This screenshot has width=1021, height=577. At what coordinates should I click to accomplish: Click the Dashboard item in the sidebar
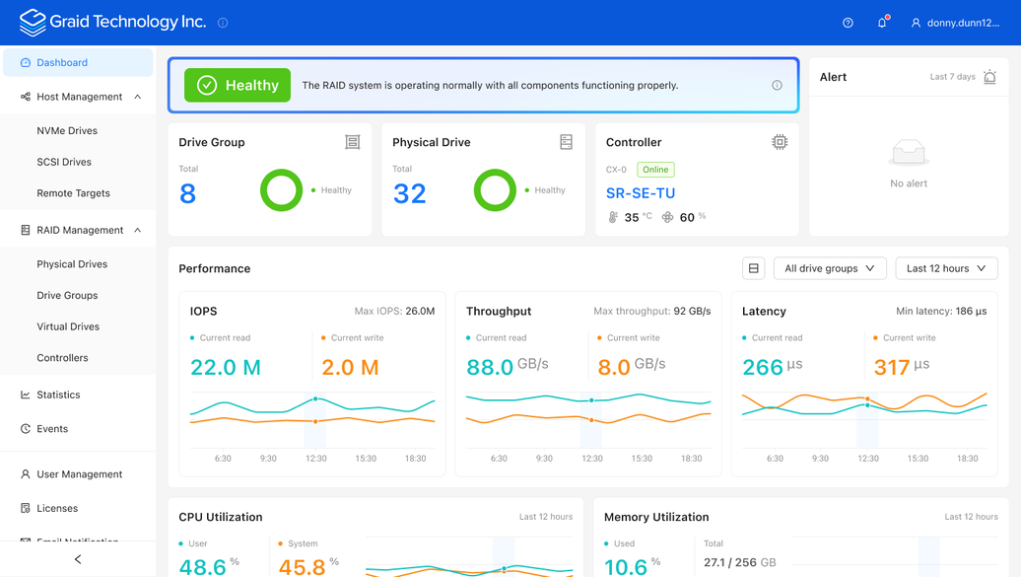tap(78, 62)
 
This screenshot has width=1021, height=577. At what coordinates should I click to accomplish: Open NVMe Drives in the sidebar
tap(67, 130)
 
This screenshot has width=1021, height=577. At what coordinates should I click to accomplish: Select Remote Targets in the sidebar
tap(73, 193)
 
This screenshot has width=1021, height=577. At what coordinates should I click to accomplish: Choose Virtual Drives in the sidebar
tap(68, 326)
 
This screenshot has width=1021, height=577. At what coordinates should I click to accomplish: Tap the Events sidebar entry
tap(52, 429)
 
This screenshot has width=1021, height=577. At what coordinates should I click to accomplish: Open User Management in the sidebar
tap(80, 474)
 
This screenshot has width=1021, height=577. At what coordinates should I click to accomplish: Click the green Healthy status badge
tap(238, 86)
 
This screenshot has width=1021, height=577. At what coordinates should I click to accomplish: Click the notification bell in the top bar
tap(882, 22)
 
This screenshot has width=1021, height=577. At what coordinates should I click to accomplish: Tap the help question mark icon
tap(848, 23)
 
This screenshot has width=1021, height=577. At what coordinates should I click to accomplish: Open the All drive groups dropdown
tap(830, 268)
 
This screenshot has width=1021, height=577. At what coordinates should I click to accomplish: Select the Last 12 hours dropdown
tap(946, 268)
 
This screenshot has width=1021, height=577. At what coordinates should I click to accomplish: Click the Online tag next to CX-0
tap(655, 170)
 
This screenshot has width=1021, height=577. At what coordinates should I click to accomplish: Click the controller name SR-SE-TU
tap(640, 193)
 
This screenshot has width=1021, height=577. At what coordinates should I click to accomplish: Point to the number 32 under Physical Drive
tap(410, 193)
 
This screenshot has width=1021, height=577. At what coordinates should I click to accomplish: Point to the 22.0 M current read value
tap(226, 367)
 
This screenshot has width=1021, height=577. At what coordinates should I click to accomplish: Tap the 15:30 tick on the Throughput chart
tap(642, 459)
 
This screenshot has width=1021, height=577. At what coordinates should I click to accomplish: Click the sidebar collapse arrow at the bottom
tap(78, 559)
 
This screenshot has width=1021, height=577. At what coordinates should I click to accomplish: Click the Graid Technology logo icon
tap(32, 23)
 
